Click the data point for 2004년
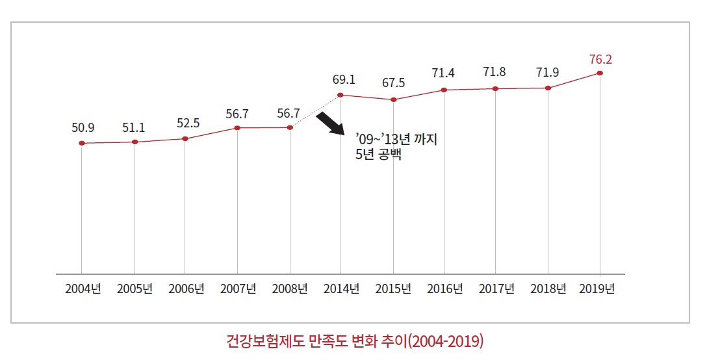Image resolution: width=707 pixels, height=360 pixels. pyautogui.click(x=82, y=143)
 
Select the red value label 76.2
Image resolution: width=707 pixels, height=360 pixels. pyautogui.click(x=600, y=60)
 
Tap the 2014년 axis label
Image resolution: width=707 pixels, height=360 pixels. pyautogui.click(x=341, y=289)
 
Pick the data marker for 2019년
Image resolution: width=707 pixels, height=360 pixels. pyautogui.click(x=600, y=73)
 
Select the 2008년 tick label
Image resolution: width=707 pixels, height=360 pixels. pyautogui.click(x=290, y=289)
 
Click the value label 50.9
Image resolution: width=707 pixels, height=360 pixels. pyautogui.click(x=83, y=127)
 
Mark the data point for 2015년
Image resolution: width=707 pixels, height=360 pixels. pyautogui.click(x=393, y=99)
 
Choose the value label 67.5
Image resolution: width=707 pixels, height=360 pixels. pyautogui.click(x=394, y=83)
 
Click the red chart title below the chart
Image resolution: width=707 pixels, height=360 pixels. pyautogui.click(x=355, y=341)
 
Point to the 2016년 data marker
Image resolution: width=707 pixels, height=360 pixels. pyautogui.click(x=444, y=90)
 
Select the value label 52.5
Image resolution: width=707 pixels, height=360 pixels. pyautogui.click(x=187, y=123)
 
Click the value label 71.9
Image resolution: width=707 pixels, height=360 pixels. pyautogui.click(x=548, y=72)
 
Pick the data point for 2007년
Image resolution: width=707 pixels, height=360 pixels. pyautogui.click(x=237, y=128)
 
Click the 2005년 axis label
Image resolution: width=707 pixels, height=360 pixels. pyautogui.click(x=135, y=289)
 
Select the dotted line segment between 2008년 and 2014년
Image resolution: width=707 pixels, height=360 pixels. pyautogui.click(x=315, y=111)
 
